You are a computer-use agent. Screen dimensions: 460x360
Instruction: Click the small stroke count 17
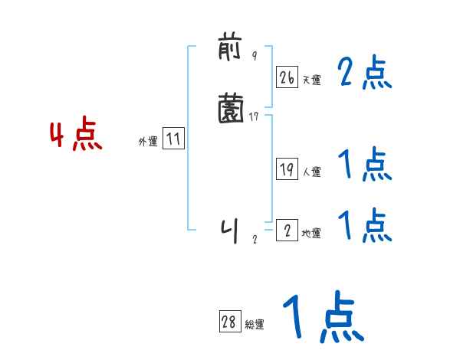(255, 116)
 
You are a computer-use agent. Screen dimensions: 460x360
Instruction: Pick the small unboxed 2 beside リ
(255, 239)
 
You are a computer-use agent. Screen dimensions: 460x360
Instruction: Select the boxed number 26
(287, 77)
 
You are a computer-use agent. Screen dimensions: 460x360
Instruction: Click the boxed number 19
(287, 169)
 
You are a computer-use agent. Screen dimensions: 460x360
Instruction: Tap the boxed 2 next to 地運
(287, 231)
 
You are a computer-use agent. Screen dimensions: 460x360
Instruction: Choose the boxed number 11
(173, 139)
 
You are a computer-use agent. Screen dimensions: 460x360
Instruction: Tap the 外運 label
(147, 142)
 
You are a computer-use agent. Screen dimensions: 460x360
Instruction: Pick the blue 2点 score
(364, 74)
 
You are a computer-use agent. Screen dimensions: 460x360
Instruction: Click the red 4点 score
(76, 136)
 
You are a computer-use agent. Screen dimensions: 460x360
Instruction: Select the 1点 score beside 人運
(364, 165)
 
